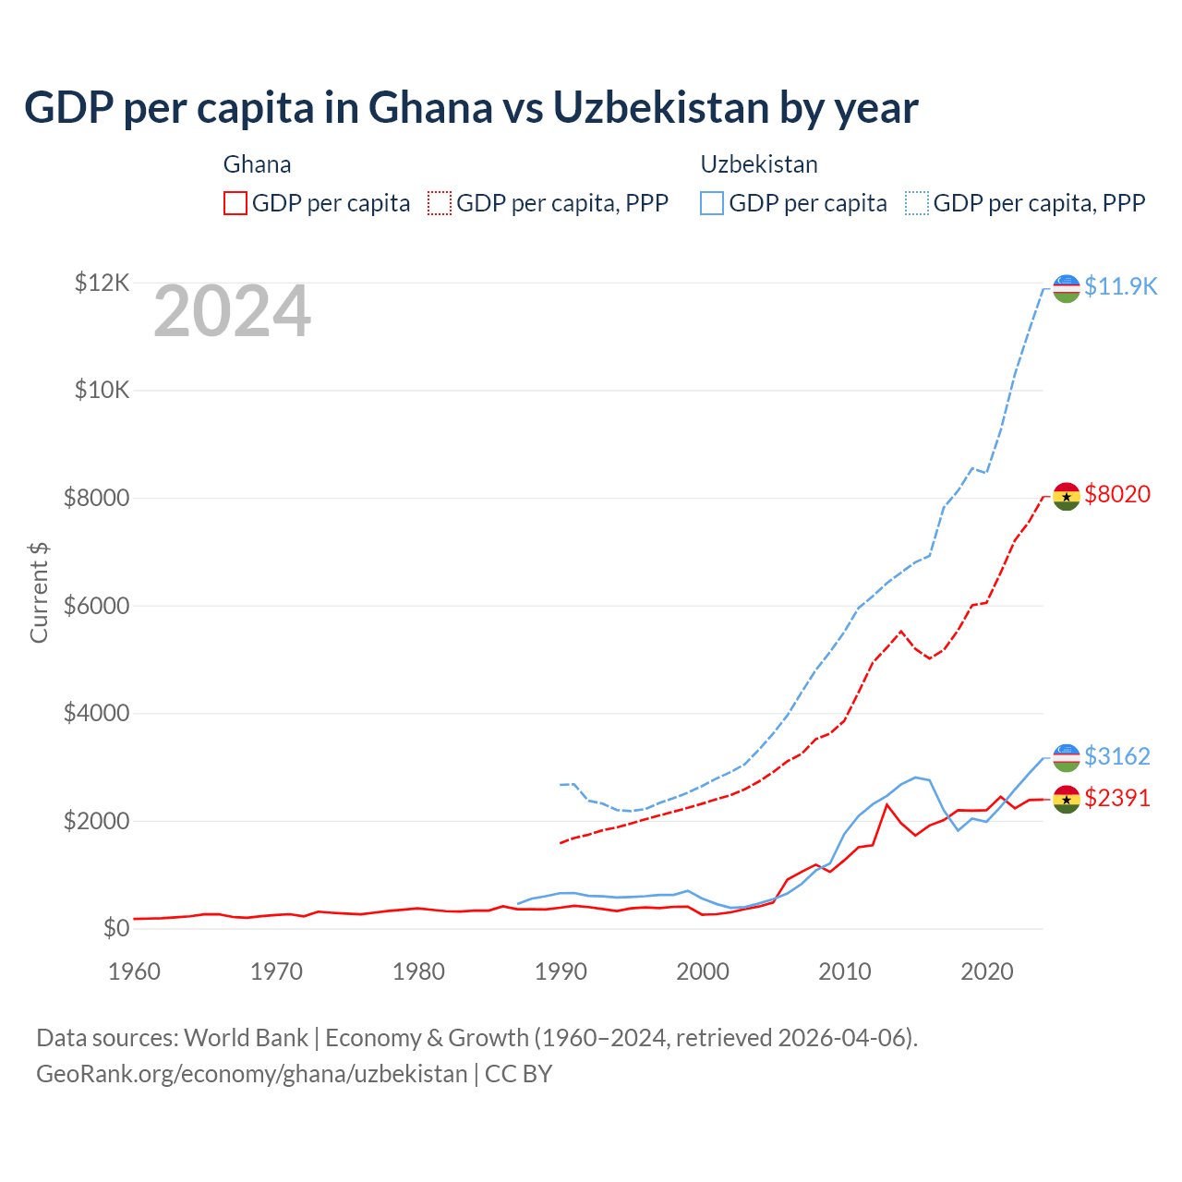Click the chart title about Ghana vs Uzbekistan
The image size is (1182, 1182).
471,108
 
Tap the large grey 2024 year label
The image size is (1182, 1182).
232,312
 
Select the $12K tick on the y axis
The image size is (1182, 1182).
103,283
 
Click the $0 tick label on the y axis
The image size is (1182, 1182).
115,928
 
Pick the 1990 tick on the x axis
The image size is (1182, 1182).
561,971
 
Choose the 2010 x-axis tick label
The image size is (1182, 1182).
845,971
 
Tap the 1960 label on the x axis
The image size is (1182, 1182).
135,971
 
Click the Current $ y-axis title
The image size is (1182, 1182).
39,592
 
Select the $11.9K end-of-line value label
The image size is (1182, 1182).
1120,286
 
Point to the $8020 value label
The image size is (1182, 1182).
1117,494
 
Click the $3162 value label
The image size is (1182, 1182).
1117,756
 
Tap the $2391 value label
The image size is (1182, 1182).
1117,798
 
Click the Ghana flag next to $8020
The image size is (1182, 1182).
1067,496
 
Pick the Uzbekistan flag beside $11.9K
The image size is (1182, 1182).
1067,288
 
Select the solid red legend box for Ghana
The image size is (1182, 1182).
235,203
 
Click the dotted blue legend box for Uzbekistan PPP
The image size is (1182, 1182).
917,203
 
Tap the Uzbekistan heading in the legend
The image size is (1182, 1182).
759,164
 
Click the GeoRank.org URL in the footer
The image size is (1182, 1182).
251,1074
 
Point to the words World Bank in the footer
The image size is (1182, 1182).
246,1038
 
